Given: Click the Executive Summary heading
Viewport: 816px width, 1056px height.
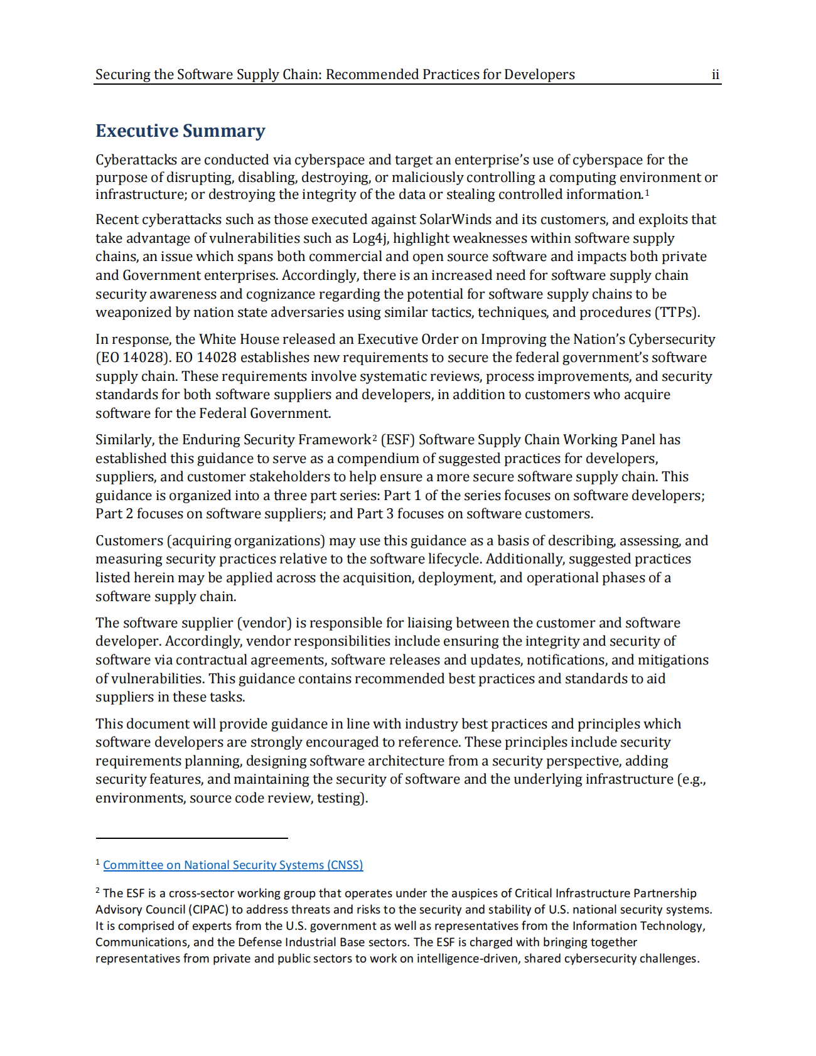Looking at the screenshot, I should tap(180, 131).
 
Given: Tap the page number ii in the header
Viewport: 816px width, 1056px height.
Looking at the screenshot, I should tap(715, 75).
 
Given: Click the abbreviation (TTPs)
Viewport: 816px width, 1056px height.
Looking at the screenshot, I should tap(677, 312).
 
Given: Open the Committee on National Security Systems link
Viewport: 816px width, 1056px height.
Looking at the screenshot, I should tap(233, 865).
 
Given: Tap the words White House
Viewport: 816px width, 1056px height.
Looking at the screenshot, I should tap(239, 339).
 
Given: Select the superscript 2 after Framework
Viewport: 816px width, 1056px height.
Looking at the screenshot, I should tap(374, 437).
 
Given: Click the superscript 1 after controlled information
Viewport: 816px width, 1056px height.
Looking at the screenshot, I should tap(647, 192).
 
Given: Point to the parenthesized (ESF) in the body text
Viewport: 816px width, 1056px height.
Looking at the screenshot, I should tap(397, 440).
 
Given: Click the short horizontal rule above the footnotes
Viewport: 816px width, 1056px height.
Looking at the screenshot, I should tap(191, 838).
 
